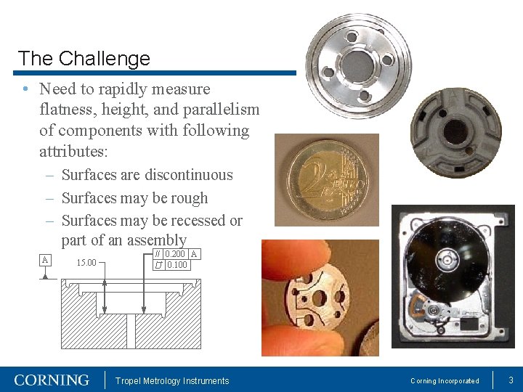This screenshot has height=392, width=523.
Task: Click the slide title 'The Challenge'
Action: point(84,58)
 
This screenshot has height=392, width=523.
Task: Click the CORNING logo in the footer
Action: point(52,380)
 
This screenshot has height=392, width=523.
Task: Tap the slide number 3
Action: point(511,380)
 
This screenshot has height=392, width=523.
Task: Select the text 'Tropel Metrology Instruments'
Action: point(173,381)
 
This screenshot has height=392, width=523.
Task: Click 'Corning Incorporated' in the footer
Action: point(445,381)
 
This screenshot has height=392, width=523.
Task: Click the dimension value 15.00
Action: point(86,263)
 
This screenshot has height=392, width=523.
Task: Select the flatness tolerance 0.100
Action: point(177,265)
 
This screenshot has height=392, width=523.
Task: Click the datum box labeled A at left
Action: point(45,260)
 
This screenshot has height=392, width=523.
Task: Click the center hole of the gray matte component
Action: point(456,131)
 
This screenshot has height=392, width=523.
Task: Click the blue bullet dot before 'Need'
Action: point(25,89)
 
